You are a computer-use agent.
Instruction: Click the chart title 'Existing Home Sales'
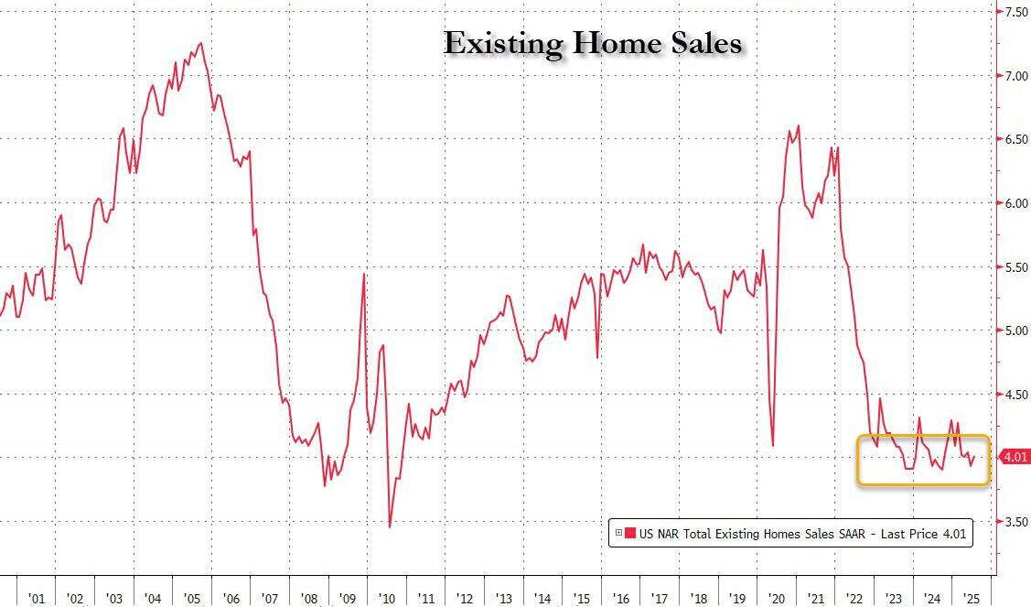pyautogui.click(x=593, y=43)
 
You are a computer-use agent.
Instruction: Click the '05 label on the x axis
pyautogui.click(x=191, y=599)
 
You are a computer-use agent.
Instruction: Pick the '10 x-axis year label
pyautogui.click(x=386, y=599)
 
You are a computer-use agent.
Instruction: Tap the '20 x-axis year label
pyautogui.click(x=777, y=599)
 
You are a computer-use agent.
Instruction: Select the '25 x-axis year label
pyautogui.click(x=972, y=599)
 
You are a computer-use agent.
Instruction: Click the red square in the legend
pyautogui.click(x=630, y=533)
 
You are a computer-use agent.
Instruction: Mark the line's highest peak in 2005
pyautogui.click(x=200, y=43)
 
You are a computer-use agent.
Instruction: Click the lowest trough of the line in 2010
pyautogui.click(x=390, y=526)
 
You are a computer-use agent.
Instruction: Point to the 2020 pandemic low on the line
pyautogui.click(x=773, y=446)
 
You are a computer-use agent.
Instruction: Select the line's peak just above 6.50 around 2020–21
pyautogui.click(x=799, y=125)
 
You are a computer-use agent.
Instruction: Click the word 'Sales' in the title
pyautogui.click(x=705, y=43)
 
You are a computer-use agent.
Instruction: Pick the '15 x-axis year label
pyautogui.click(x=582, y=599)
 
